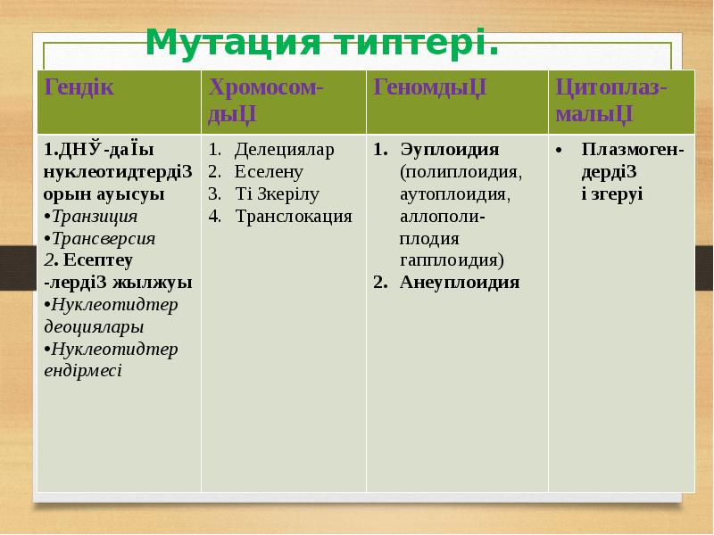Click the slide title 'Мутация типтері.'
pos(321,41)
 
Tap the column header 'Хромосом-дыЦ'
pos(266,101)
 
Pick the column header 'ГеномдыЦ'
pos(429,88)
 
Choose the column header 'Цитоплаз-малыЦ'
pos(611,101)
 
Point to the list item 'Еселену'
pos(270,172)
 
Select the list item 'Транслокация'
pos(294,216)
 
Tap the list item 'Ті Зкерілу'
pos(278,193)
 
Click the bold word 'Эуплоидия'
pos(449,150)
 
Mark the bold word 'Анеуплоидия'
pos(460,283)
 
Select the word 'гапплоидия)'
pos(452,260)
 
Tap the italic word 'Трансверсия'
pos(103,238)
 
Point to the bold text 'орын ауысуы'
pos(103,193)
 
